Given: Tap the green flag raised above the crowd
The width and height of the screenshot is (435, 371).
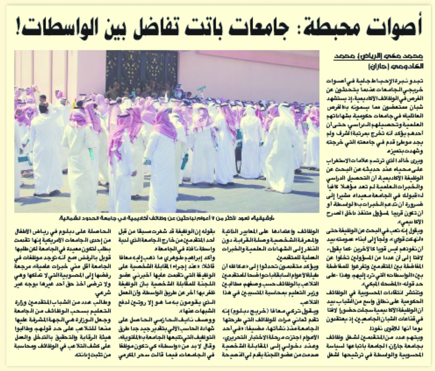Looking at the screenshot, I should pos(201,89).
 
